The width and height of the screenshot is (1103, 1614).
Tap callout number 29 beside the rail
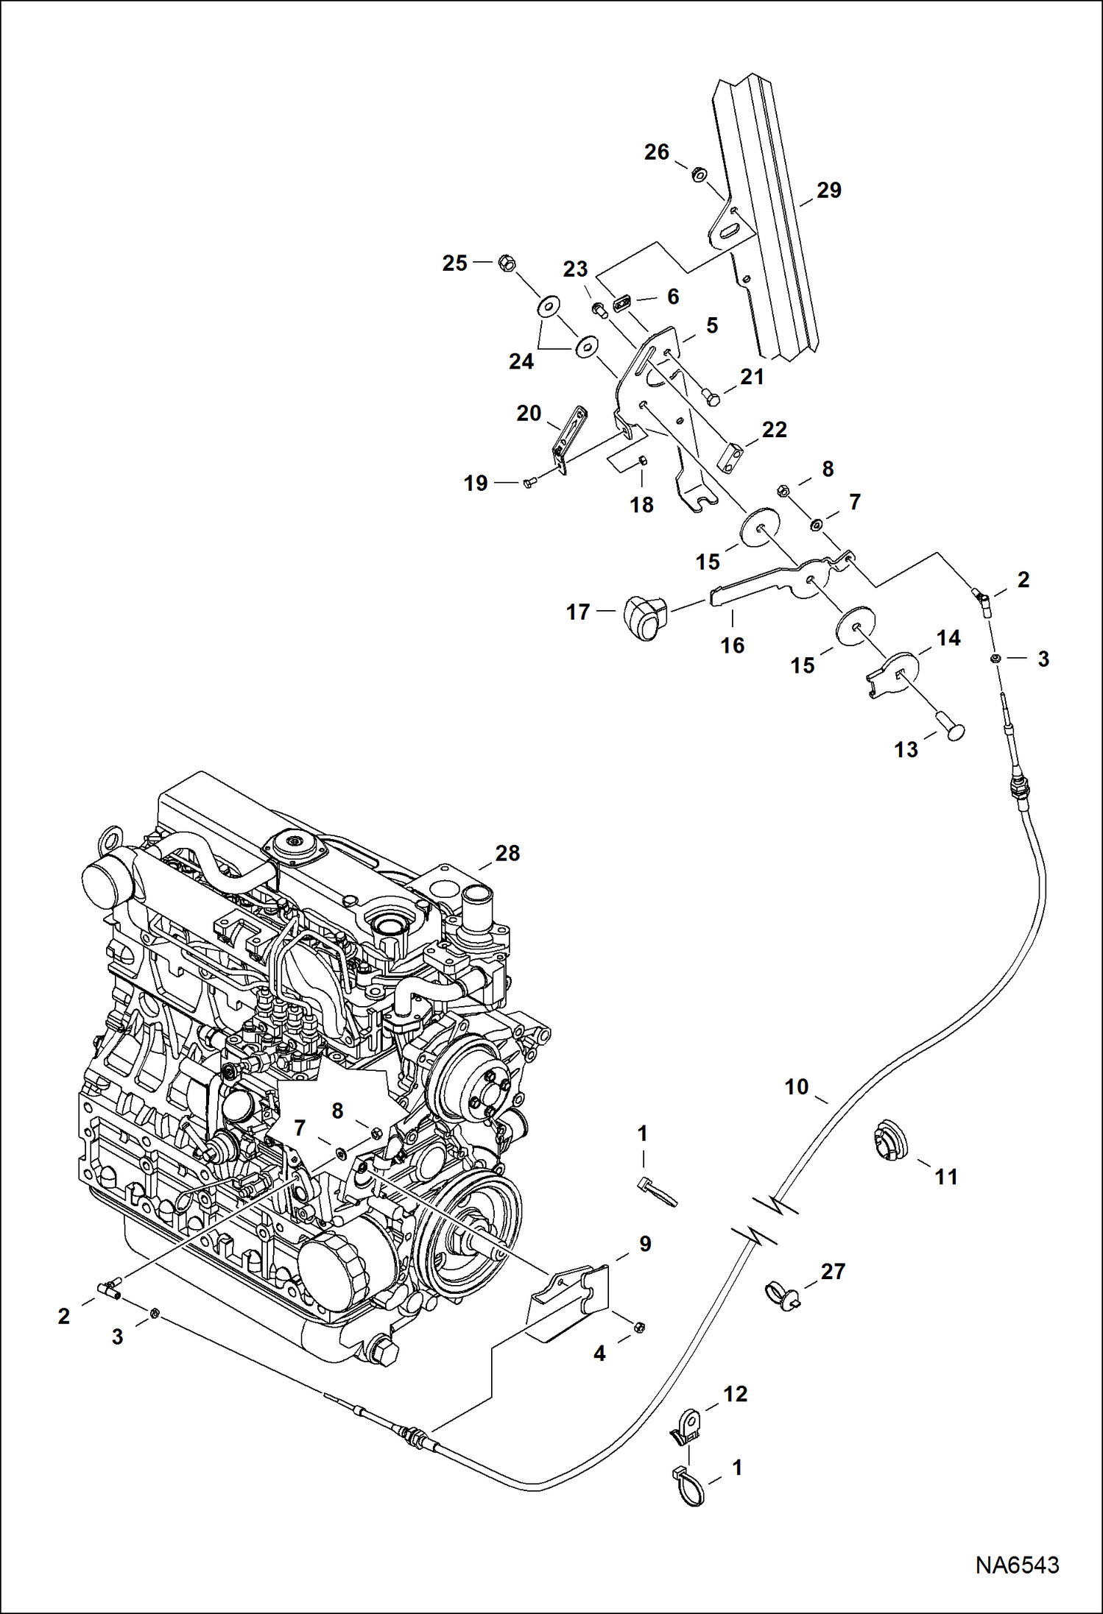point(828,191)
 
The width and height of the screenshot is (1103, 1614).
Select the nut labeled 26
point(697,174)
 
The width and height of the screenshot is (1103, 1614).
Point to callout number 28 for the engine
point(507,854)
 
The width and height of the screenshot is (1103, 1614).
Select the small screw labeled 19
point(529,483)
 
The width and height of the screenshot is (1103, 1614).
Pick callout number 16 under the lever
point(732,645)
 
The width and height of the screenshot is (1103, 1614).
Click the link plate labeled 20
point(570,442)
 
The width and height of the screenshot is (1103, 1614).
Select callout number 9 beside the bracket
point(644,1245)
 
